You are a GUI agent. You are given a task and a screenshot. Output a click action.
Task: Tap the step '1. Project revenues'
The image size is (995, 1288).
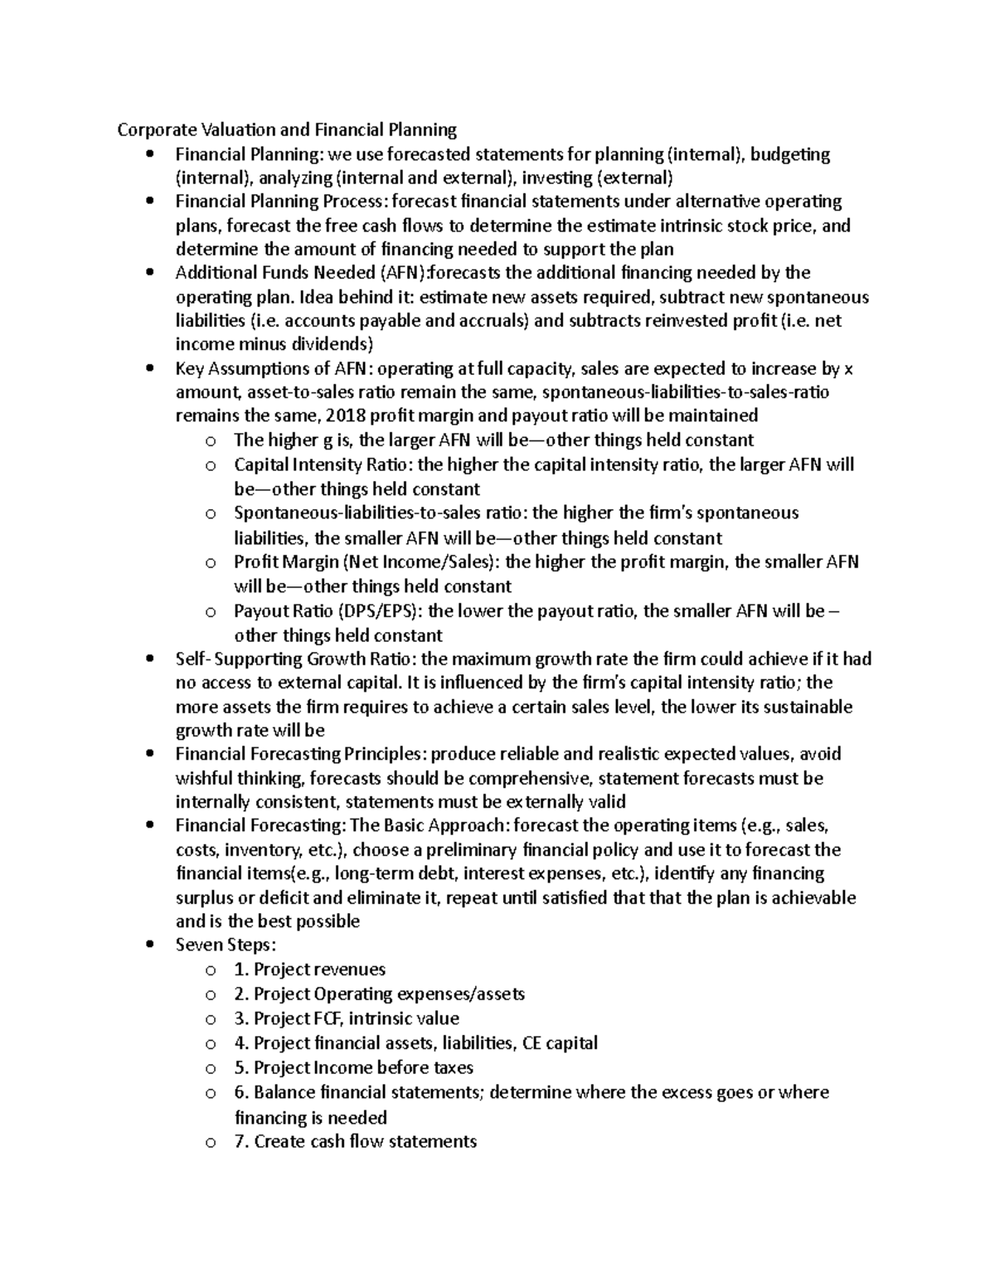[x=310, y=970]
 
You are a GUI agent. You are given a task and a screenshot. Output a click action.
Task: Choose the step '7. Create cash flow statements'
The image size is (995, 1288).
[x=356, y=1141]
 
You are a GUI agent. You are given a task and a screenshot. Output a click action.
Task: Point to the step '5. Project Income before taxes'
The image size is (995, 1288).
[x=354, y=1067]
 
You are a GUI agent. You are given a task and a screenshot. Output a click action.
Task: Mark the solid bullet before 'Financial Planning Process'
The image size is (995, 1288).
[x=149, y=202]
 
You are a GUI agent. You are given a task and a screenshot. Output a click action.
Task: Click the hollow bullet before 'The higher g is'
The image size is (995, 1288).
[x=211, y=441]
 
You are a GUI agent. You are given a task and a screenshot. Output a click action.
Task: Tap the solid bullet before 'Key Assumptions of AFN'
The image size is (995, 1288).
[x=149, y=369]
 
